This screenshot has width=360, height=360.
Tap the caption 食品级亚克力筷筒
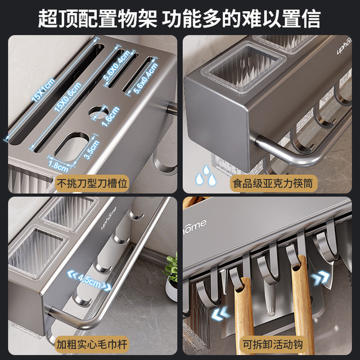[x=269, y=183]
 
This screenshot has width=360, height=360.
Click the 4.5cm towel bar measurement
[x=88, y=278]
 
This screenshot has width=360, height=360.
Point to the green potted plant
[x=171, y=273]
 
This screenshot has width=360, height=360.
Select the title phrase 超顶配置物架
[x=96, y=18]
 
